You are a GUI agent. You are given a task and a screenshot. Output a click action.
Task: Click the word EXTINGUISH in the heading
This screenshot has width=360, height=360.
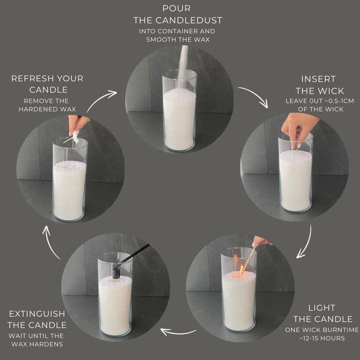click(37, 313)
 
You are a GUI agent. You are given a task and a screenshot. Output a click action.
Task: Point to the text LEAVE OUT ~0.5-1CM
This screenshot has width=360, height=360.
click(322, 101)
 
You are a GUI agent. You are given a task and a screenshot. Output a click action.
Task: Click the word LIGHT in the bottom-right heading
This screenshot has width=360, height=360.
click(322, 308)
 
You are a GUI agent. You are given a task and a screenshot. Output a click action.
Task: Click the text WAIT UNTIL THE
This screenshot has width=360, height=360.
click(36, 335)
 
